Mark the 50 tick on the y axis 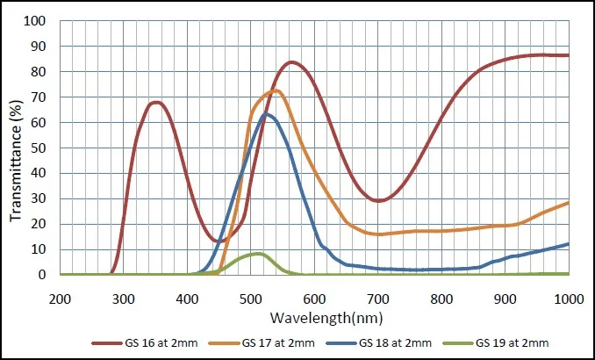(x=42, y=148)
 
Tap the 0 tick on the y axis (x=46, y=275)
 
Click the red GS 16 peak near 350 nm (x=155, y=102)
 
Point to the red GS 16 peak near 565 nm (x=291, y=62)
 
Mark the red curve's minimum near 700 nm (x=378, y=201)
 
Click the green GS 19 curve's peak (x=257, y=253)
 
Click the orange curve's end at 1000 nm (x=569, y=202)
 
